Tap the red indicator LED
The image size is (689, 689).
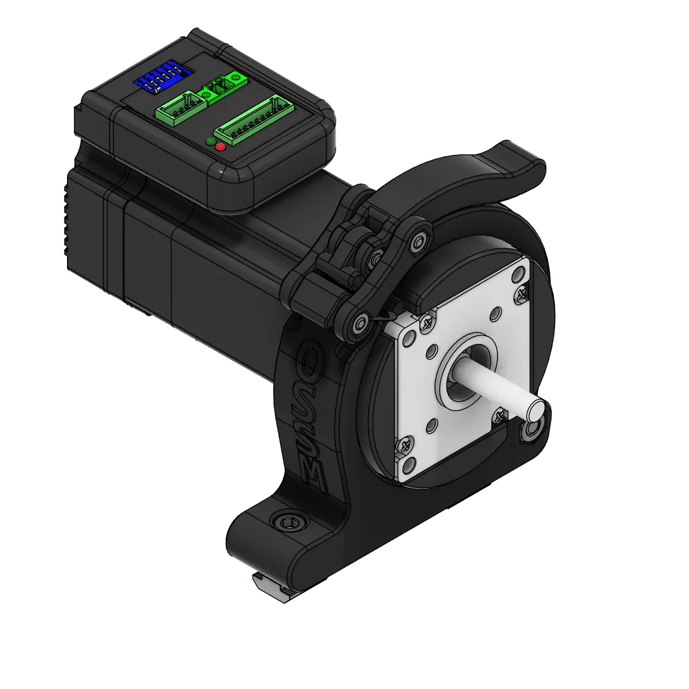pyautogui.click(x=221, y=147)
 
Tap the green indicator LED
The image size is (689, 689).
pyautogui.click(x=211, y=141)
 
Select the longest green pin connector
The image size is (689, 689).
pyautogui.click(x=253, y=121)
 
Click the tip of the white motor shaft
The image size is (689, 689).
pyautogui.click(x=535, y=406)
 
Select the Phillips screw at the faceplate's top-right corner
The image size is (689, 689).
pyautogui.click(x=522, y=293)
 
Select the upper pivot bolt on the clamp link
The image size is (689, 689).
pyautogui.click(x=418, y=241)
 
